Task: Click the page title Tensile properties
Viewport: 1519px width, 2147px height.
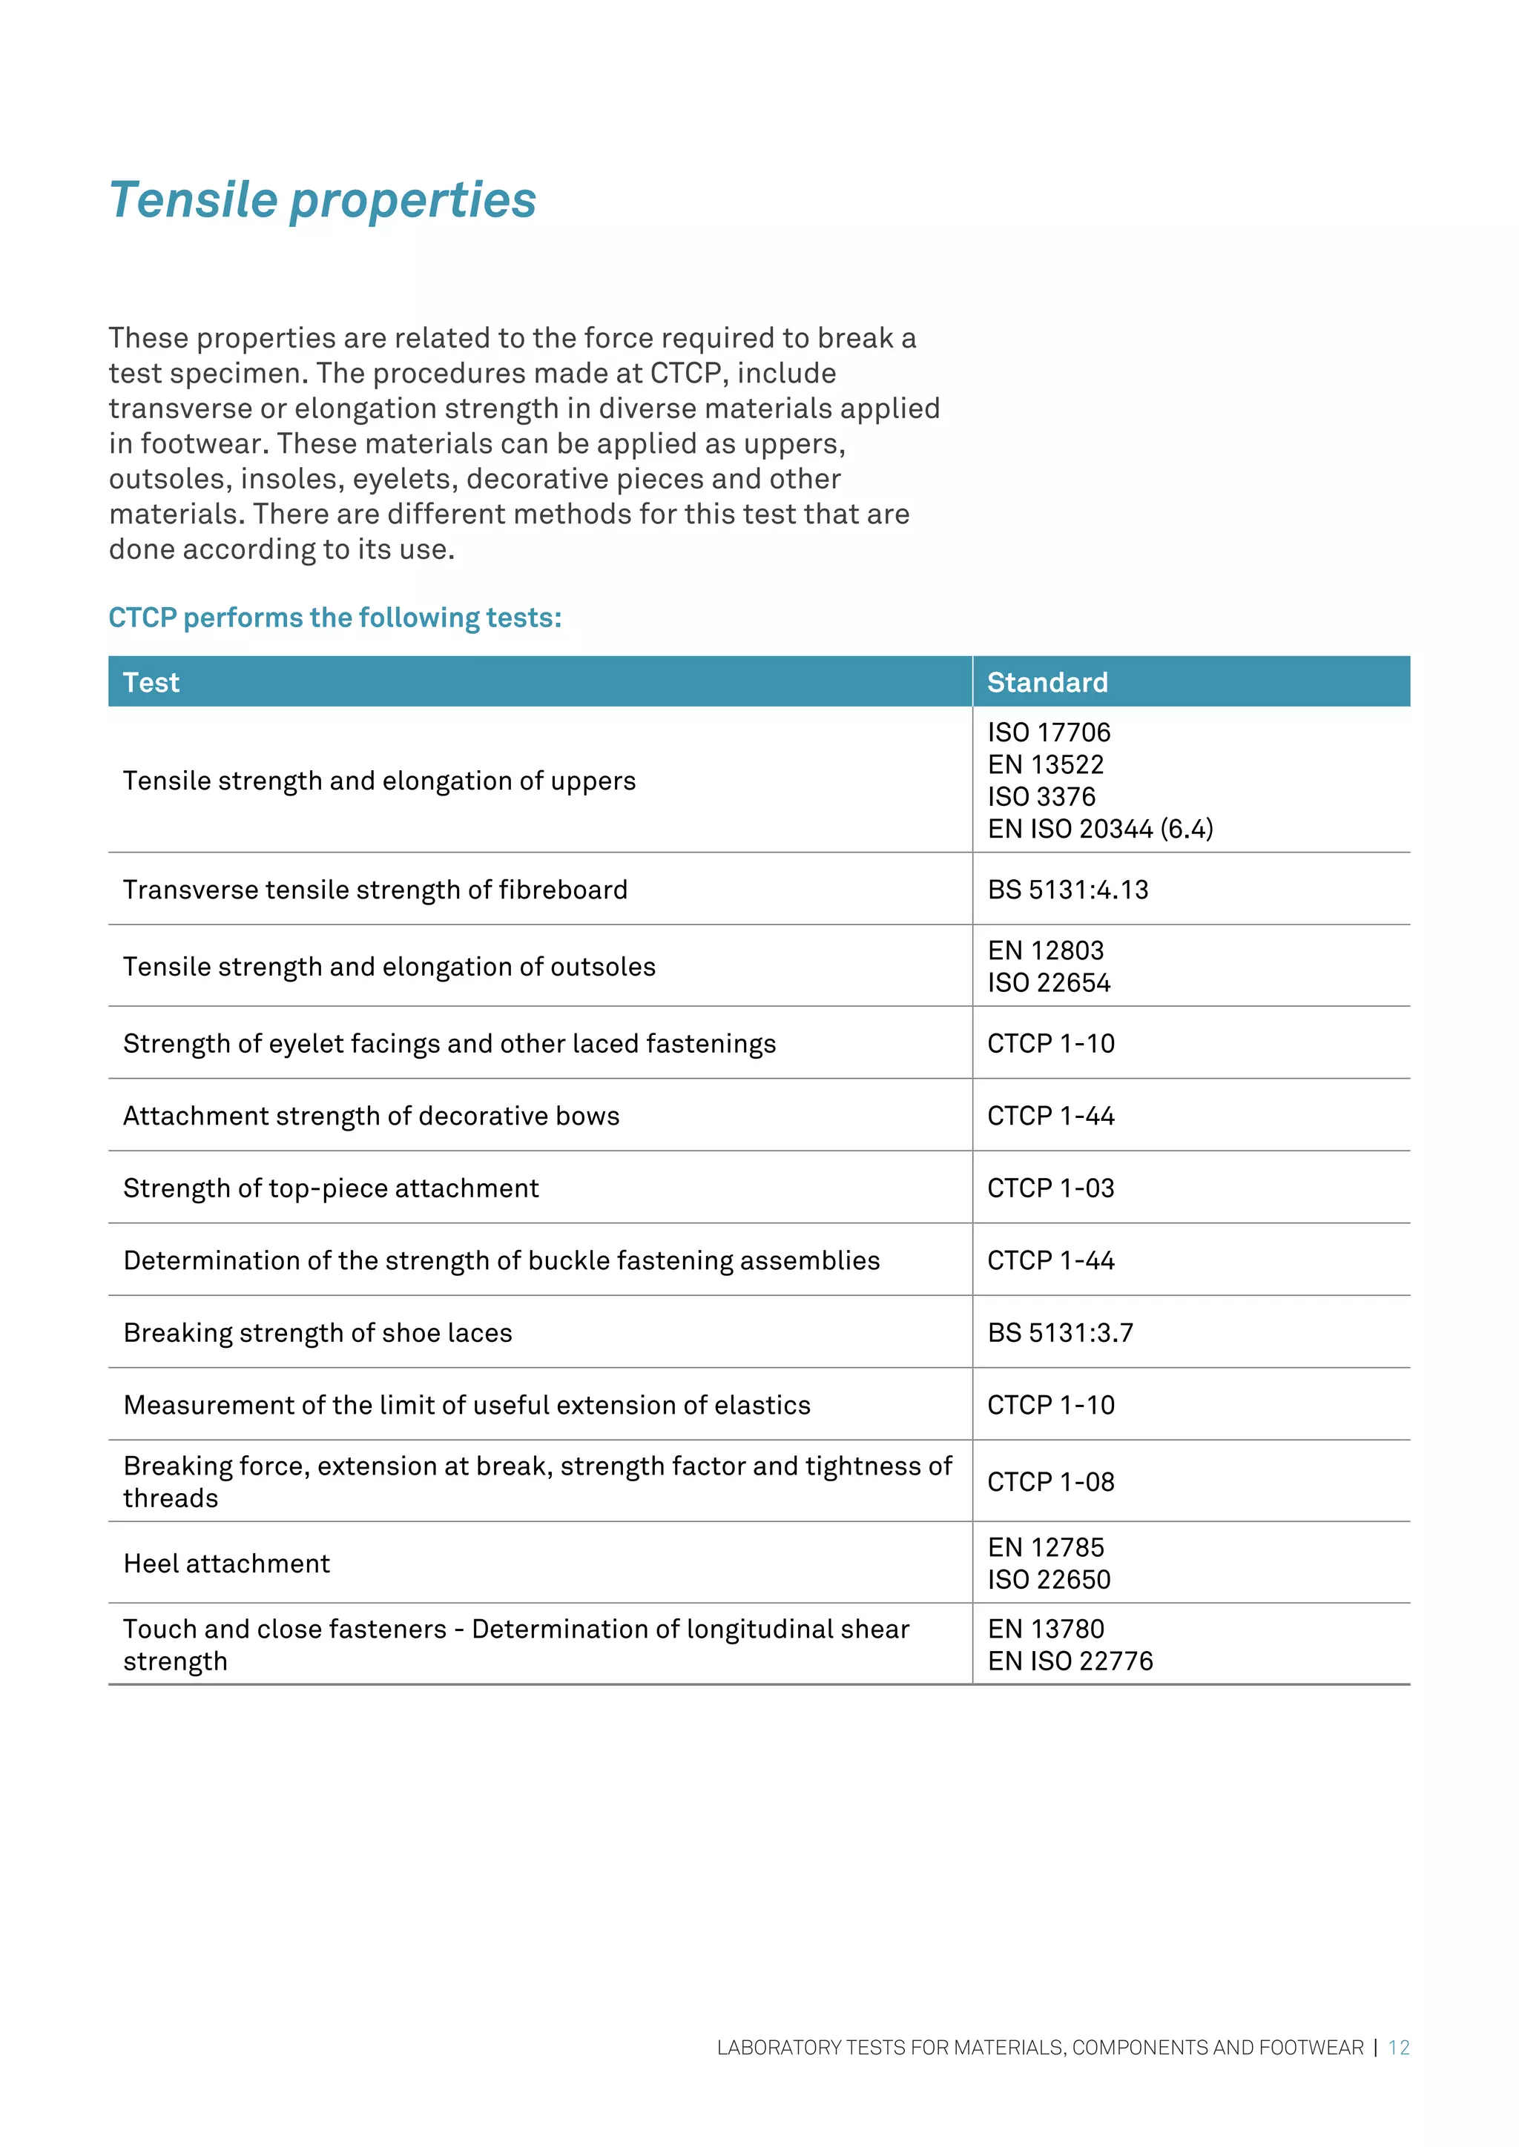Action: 322,200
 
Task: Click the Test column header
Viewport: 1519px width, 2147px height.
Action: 151,683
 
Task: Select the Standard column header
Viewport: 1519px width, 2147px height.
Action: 1047,683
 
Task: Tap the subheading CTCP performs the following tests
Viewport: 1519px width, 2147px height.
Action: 334,618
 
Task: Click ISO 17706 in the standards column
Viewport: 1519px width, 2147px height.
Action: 1049,732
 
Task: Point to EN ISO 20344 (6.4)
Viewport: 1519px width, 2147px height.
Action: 1100,829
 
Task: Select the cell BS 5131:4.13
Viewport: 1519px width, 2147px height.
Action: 1067,890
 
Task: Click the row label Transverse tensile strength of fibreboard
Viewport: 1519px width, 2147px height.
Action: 375,890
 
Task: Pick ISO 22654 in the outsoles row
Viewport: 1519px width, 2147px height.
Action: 1049,983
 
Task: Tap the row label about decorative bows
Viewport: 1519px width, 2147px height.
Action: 372,1116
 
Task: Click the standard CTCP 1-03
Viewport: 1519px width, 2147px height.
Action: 1050,1188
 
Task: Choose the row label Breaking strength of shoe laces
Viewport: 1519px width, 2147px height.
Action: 317,1332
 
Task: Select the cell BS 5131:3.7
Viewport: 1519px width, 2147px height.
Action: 1060,1332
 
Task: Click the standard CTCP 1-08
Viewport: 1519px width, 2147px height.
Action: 1050,1482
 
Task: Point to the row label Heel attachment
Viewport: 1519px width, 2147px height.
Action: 226,1564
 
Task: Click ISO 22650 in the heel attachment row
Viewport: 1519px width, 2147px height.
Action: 1049,1579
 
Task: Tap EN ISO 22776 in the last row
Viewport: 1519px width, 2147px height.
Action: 1070,1661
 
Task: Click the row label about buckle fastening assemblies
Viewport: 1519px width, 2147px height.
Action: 501,1260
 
